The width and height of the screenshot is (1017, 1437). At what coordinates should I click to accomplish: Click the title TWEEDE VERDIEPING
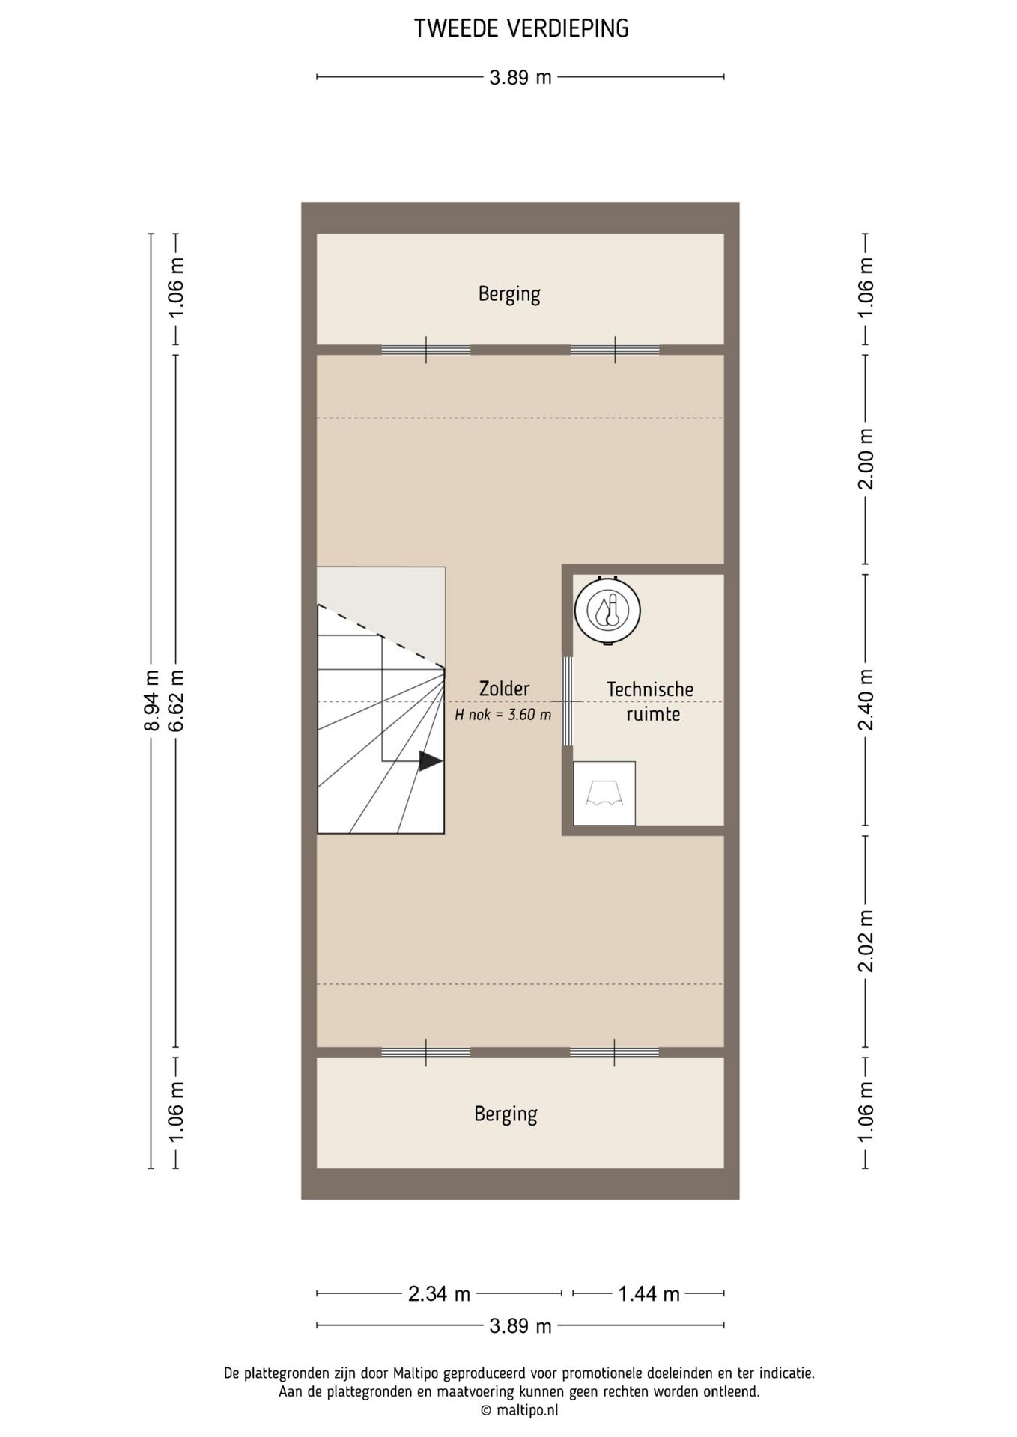[521, 28]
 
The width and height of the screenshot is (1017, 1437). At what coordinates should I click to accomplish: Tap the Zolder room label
[504, 689]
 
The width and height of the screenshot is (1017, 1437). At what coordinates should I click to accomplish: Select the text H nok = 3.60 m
[503, 715]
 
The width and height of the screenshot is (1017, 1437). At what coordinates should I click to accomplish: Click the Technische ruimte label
[650, 701]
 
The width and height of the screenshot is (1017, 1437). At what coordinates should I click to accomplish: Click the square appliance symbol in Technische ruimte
[604, 793]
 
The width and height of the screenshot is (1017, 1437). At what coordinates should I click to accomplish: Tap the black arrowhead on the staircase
[431, 760]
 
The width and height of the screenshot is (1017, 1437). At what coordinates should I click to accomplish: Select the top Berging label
[509, 294]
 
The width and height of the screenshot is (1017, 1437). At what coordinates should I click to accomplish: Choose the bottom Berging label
[506, 1114]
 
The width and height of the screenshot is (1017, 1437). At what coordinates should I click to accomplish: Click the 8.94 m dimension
[151, 701]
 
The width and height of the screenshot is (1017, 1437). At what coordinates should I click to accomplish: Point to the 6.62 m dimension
[176, 701]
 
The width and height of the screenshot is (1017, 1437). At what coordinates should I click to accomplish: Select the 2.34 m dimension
[439, 1293]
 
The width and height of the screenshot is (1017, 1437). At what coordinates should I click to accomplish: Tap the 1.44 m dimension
[649, 1293]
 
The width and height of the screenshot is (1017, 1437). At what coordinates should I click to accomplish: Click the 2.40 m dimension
[866, 700]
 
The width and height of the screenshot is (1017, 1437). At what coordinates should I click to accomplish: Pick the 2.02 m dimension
[866, 941]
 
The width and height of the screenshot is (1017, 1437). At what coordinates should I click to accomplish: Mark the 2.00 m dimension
[866, 459]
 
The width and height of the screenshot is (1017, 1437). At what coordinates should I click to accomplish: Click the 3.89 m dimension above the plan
[520, 77]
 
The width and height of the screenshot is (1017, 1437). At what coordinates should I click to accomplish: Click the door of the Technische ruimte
[568, 701]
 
